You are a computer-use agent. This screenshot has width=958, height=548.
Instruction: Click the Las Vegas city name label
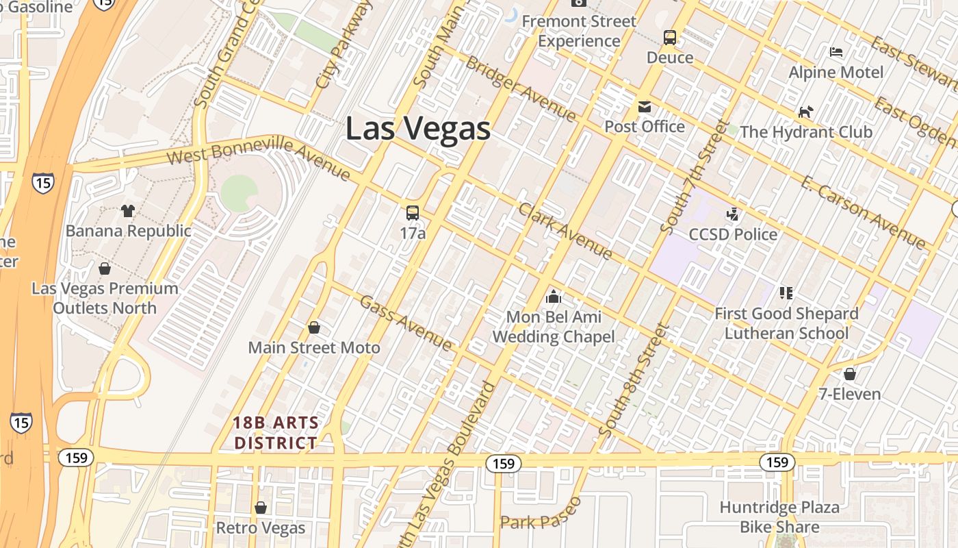(x=417, y=128)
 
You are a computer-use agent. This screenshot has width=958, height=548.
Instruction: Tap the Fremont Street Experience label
(x=579, y=31)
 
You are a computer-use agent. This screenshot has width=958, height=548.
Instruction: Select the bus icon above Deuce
(x=670, y=38)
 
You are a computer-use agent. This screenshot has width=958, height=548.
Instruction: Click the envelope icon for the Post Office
(x=645, y=107)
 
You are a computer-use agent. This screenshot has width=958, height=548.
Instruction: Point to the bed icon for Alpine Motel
(x=836, y=52)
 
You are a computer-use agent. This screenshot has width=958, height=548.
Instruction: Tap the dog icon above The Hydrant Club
(x=806, y=112)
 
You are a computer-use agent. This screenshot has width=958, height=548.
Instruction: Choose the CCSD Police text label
(x=733, y=234)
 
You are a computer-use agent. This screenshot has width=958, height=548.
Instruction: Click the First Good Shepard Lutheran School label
(x=786, y=323)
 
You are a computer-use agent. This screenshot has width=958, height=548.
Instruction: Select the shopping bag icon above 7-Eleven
(x=850, y=374)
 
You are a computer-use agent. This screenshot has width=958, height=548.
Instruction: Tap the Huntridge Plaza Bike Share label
(x=779, y=517)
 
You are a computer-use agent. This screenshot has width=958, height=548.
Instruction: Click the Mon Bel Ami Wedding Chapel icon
(x=554, y=297)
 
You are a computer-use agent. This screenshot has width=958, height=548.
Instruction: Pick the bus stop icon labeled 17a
(x=413, y=213)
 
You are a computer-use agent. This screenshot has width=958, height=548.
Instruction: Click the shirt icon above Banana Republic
(x=128, y=210)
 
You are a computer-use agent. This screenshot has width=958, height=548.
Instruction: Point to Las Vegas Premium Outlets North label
(x=105, y=298)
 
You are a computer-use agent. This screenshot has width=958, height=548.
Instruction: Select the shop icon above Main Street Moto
(x=314, y=327)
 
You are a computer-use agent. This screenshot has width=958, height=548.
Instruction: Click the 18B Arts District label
(x=276, y=432)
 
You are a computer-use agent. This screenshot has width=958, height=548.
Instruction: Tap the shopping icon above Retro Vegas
(x=260, y=508)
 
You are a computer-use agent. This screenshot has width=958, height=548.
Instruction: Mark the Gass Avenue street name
(x=406, y=322)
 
